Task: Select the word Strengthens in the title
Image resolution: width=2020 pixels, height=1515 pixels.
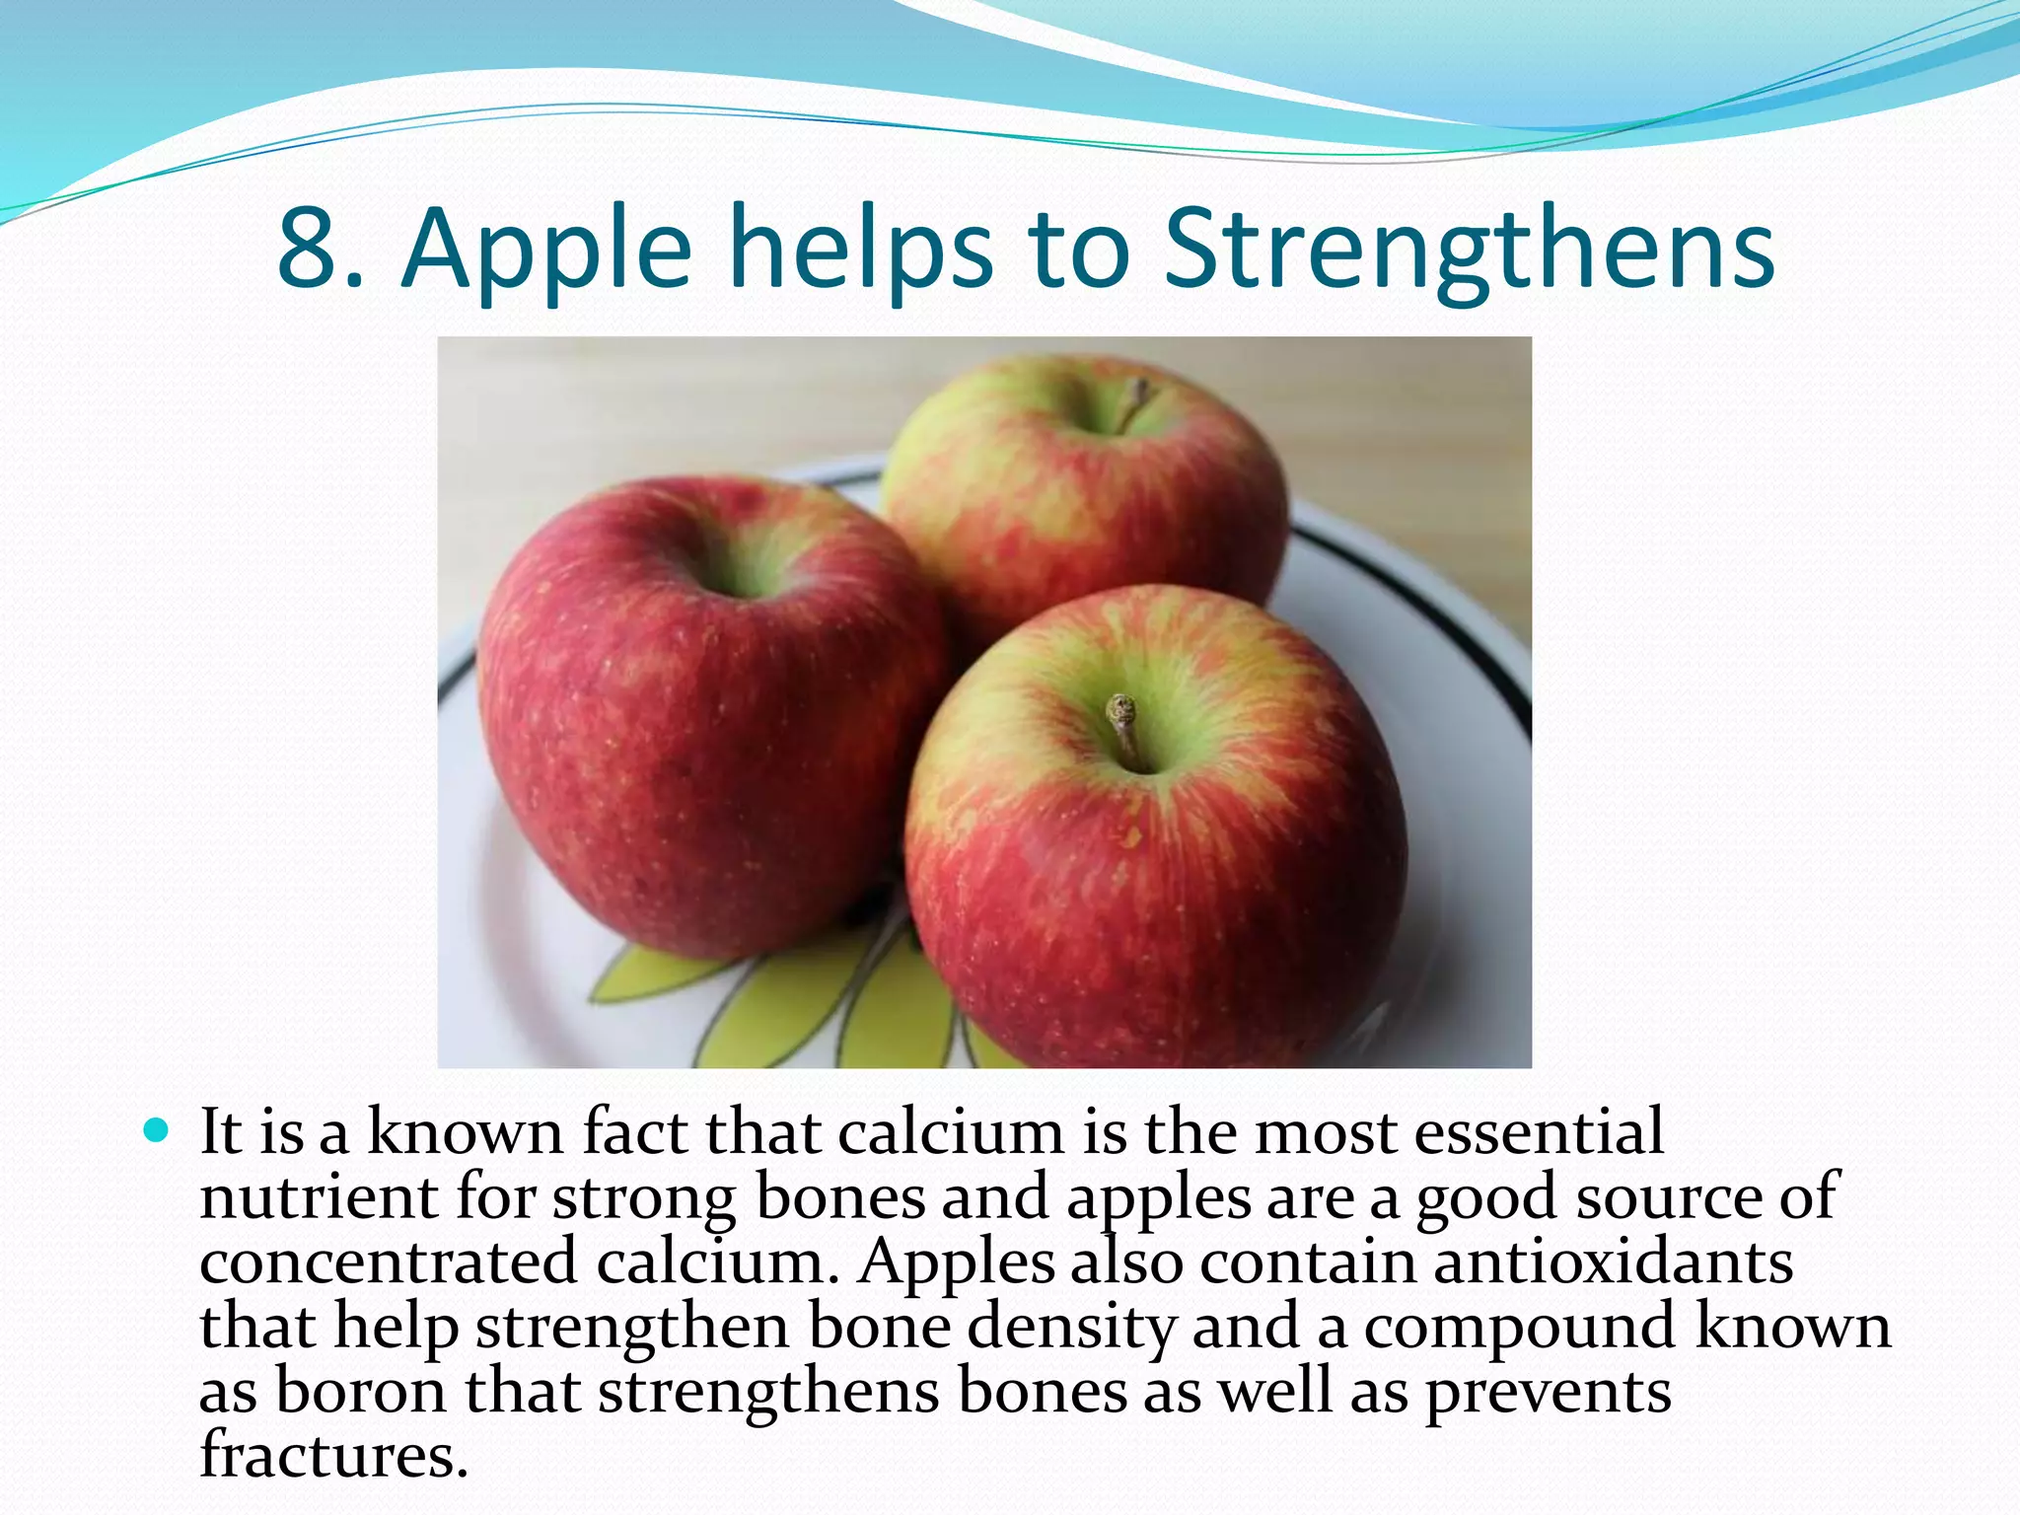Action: pos(1469,252)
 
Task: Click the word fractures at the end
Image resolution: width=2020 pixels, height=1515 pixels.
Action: pos(333,1455)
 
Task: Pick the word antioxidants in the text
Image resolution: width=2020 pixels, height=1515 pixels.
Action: pos(1613,1262)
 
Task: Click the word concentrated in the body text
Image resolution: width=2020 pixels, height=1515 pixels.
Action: pos(388,1262)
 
